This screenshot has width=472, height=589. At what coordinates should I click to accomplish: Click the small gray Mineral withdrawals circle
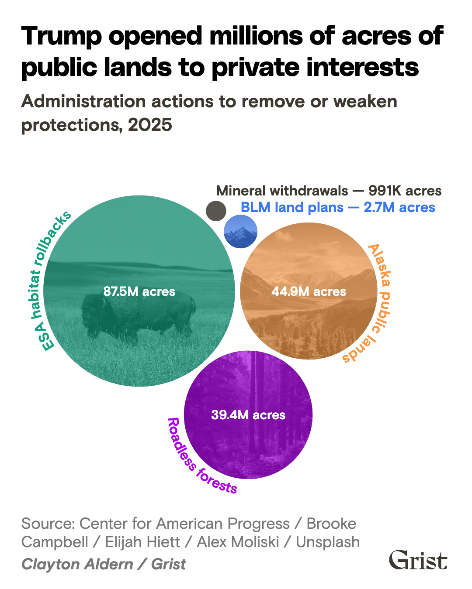[216, 211]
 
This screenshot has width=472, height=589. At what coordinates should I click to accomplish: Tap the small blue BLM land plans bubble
[240, 232]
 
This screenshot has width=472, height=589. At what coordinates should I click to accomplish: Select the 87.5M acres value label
[139, 291]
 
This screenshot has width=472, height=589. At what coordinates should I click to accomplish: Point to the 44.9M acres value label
[309, 291]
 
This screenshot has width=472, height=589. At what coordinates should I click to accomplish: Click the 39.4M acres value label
[248, 415]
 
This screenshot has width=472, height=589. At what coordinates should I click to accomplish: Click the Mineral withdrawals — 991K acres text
[329, 191]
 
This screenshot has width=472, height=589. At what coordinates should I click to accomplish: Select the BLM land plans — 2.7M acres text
[338, 208]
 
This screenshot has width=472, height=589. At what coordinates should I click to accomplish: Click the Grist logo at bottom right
[418, 560]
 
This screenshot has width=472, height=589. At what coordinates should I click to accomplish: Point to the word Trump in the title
[61, 37]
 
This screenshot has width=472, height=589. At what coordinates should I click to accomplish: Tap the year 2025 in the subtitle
[150, 125]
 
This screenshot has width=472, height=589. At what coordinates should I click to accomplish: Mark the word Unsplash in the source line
[328, 542]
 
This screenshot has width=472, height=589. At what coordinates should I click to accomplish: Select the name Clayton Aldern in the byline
[77, 564]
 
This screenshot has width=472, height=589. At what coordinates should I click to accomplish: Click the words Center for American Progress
[184, 524]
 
